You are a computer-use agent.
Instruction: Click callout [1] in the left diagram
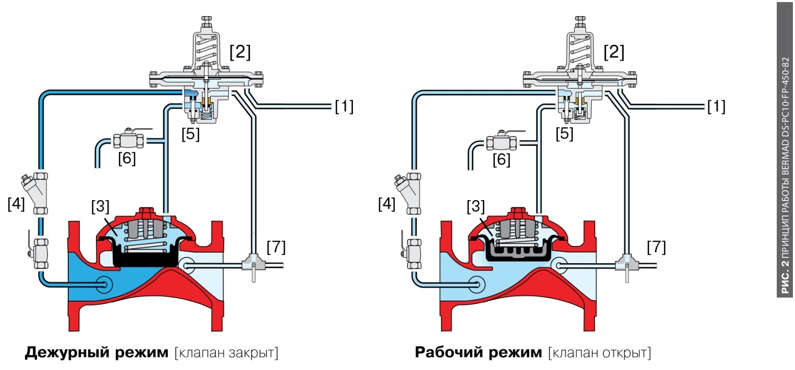[344, 107]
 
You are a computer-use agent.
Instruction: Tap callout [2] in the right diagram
[614, 52]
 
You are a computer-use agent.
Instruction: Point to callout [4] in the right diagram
[386, 204]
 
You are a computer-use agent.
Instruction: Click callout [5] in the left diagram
[190, 134]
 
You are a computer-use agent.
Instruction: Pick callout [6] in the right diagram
[502, 159]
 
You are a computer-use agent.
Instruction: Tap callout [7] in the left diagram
[276, 247]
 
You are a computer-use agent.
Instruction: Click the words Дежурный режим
[96, 353]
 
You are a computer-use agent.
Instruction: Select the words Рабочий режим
[479, 353]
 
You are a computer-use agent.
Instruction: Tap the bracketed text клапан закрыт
[227, 353]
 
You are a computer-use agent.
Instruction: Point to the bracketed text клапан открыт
[600, 353]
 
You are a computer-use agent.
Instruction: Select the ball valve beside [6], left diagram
[128, 140]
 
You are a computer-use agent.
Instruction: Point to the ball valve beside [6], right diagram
[501, 141]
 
